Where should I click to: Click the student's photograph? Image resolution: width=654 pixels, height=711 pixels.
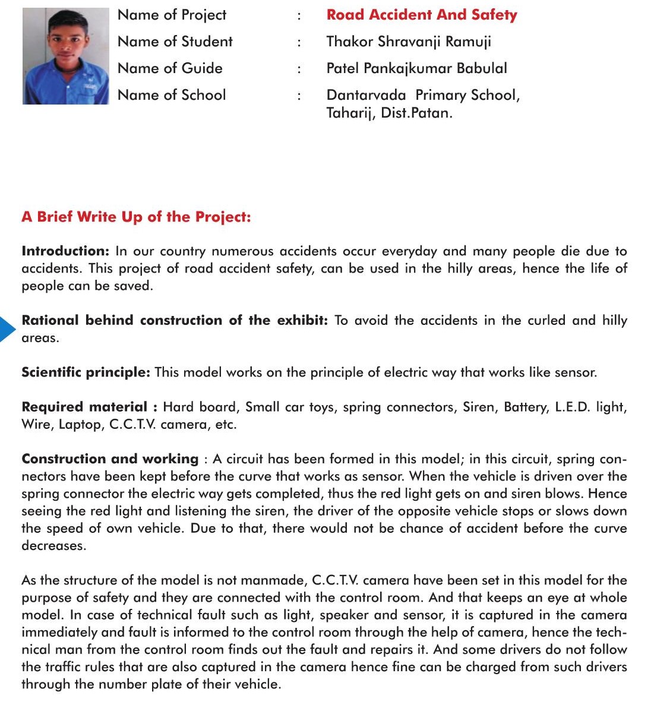65,56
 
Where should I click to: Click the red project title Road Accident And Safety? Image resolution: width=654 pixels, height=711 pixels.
422,15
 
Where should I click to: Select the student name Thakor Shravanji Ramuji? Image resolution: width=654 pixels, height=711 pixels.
409,42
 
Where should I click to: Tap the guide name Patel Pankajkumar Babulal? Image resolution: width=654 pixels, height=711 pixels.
416,68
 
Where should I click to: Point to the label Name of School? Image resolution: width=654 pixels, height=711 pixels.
172,95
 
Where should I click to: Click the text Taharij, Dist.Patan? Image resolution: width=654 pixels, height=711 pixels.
389,113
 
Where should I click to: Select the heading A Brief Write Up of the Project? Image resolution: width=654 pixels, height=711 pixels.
136,217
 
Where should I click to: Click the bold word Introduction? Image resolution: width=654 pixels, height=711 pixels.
65,251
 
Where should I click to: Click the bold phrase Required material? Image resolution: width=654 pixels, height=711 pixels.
84,407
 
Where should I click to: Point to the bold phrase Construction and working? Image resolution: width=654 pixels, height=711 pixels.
110,459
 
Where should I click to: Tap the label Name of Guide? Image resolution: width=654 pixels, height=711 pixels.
170,68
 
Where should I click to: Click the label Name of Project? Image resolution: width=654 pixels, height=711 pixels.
172,15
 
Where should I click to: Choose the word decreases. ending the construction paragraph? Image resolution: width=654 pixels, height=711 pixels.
53,546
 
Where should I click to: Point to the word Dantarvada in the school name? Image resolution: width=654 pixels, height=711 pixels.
366,95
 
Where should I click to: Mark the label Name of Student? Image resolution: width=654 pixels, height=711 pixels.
175,42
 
